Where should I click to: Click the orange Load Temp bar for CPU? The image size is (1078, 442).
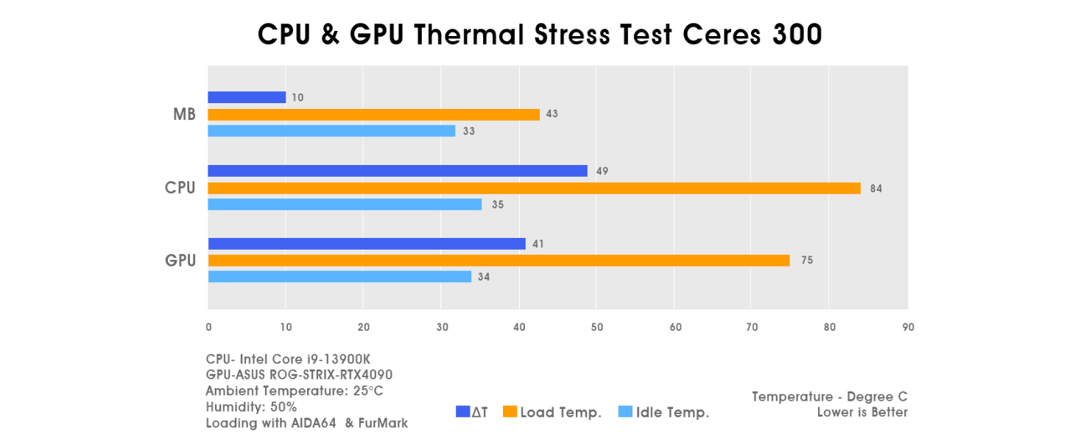pos(534,188)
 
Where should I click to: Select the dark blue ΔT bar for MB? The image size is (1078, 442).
pos(247,97)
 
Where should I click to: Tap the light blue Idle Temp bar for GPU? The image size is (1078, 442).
pos(339,277)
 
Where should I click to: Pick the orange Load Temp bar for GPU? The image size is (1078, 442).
pos(499,260)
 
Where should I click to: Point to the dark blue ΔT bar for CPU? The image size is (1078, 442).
pos(398,171)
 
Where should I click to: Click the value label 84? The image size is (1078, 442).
pos(876,188)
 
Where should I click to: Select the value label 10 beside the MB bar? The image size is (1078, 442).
pos(297,97)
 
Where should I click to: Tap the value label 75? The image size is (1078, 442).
pos(806,260)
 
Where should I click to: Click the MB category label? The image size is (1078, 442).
pos(184,114)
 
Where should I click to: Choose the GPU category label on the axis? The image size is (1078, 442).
pos(180,260)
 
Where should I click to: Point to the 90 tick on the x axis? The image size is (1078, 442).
pos(908,327)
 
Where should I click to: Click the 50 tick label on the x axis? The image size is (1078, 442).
pos(597,327)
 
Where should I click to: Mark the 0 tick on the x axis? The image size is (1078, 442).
pos(208,327)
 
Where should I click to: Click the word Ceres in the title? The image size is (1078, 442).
pos(722,34)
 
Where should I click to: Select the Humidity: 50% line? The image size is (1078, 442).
pos(251,407)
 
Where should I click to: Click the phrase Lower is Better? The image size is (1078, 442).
pos(862,412)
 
